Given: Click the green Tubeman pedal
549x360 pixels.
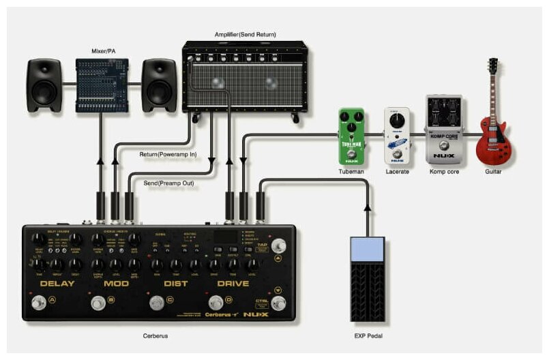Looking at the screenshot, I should point(351,136).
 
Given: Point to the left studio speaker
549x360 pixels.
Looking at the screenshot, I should point(46,85).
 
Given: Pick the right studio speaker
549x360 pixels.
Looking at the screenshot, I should point(160,85).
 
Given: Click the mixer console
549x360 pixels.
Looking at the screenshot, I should point(102,85).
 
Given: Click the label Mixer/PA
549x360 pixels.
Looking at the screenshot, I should point(103,50).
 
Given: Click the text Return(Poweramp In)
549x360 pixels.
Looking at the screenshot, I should point(168,155).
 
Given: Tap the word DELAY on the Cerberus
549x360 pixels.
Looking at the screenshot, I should point(57,283).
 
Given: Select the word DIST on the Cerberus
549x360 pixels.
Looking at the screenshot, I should point(175,283).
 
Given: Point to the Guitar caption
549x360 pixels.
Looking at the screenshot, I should point(493,172).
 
